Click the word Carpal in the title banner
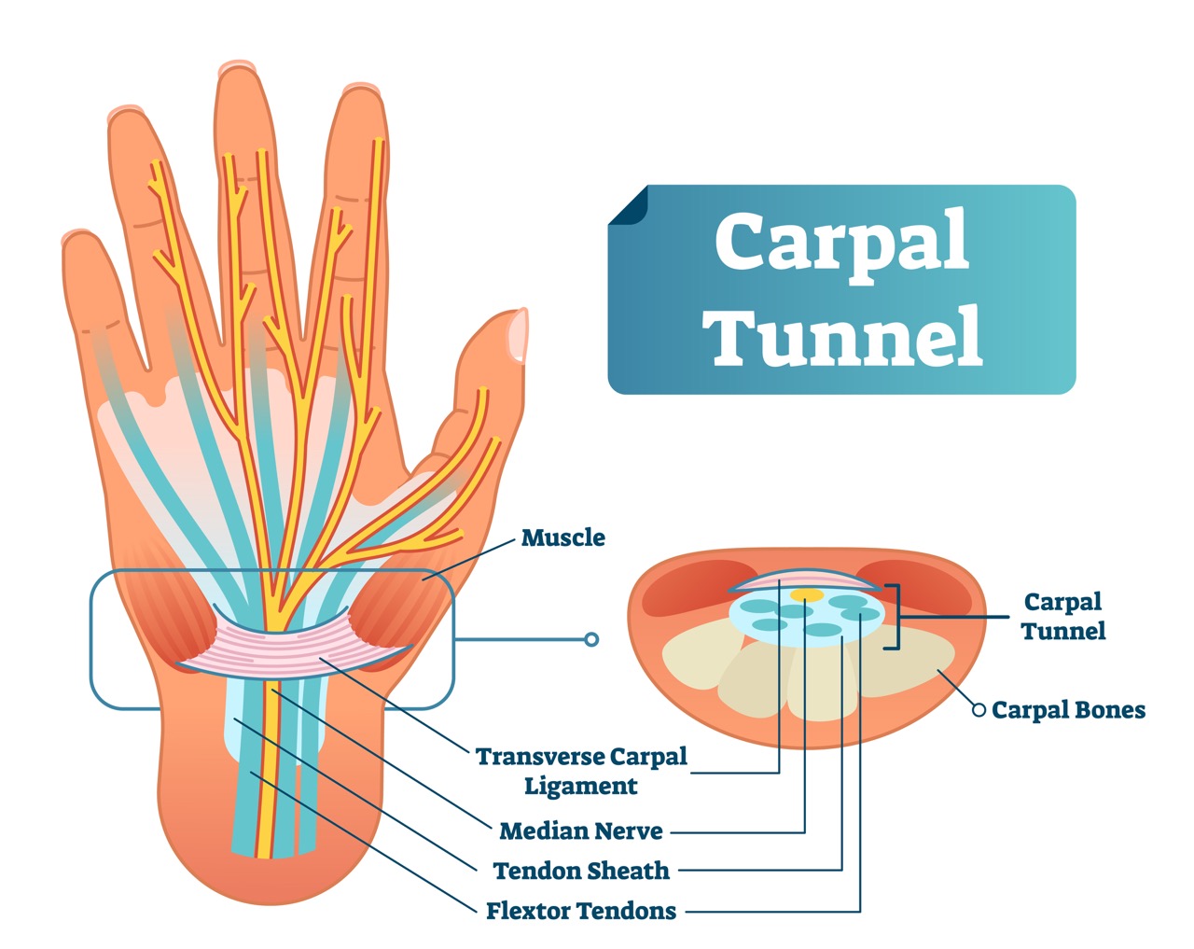[841, 242]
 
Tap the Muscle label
[562, 537]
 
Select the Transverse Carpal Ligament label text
[580, 771]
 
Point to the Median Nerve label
[580, 830]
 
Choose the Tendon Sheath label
[580, 871]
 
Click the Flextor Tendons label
[580, 911]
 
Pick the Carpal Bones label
[1068, 710]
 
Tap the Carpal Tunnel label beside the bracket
[1062, 616]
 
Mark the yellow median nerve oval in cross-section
[806, 594]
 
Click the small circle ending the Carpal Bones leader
[979, 710]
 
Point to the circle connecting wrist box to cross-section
[590, 639]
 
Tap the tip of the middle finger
[237, 73]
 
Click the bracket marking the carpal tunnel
[895, 617]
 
